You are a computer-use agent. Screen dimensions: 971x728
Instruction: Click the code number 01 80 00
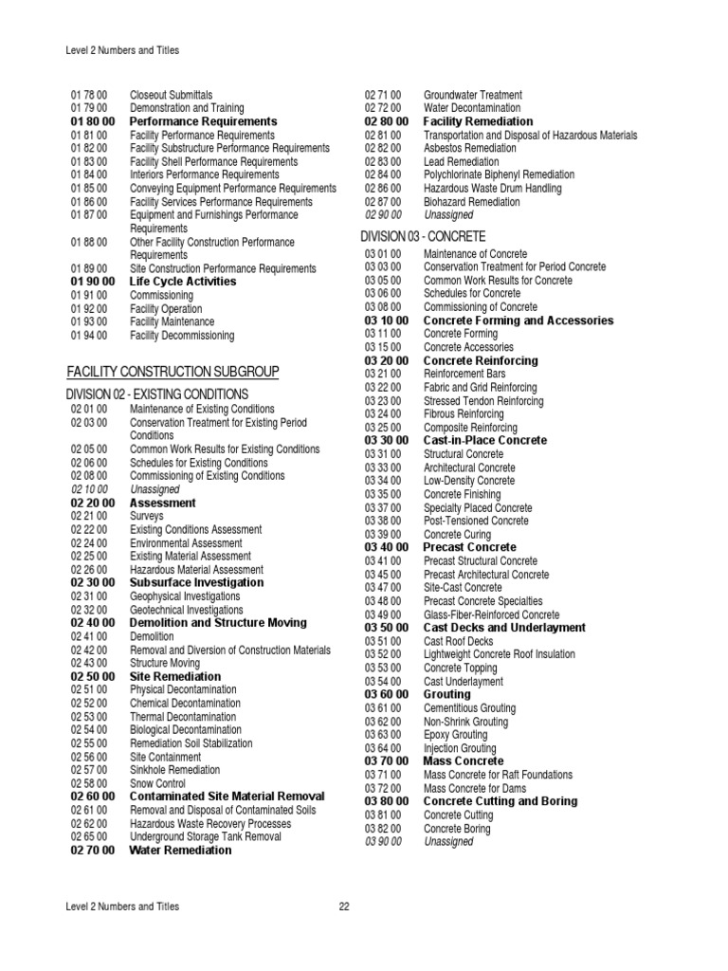pos(93,122)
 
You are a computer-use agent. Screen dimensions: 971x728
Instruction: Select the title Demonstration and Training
pos(186,109)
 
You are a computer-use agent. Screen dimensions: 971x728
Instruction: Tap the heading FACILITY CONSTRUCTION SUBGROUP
pos(173,371)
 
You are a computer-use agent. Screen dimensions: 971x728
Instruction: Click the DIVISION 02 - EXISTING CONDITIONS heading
pos(157,394)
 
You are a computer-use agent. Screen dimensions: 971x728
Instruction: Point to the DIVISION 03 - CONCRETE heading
pos(423,236)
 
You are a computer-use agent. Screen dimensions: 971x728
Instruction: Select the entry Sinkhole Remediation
pos(174,771)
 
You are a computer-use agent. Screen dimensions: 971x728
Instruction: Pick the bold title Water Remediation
pos(180,851)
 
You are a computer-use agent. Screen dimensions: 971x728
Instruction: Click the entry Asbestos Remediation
pos(470,149)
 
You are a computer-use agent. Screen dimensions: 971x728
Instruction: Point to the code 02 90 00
pos(383,215)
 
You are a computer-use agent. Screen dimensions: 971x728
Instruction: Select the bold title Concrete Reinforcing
pos(480,361)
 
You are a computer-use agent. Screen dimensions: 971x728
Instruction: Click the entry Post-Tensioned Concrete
pos(476,522)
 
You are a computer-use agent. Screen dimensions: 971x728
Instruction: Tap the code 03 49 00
pos(383,614)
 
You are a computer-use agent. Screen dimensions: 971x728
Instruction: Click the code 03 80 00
pos(387,801)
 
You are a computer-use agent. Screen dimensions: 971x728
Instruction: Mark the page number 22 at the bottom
pos(344,907)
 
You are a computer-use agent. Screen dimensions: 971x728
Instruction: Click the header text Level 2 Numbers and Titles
pos(122,50)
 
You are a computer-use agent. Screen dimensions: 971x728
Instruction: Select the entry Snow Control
pos(157,784)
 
